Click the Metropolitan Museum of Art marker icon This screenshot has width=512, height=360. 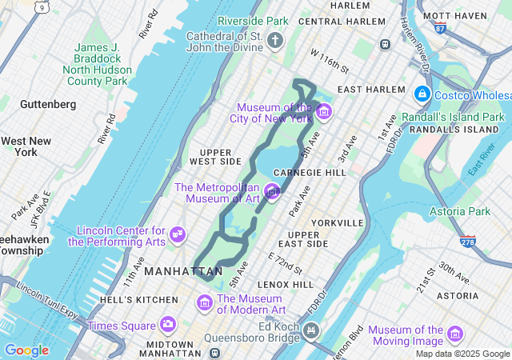pyautogui.click(x=273, y=191)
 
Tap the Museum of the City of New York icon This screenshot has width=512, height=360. pyautogui.click(x=323, y=111)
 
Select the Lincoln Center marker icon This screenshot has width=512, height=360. pyautogui.click(x=178, y=234)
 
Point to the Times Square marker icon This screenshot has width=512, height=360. pyautogui.click(x=168, y=325)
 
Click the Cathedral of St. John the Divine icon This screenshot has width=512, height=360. pyautogui.click(x=276, y=41)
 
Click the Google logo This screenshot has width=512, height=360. pyautogui.click(x=26, y=350)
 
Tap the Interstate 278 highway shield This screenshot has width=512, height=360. pyautogui.click(x=467, y=240)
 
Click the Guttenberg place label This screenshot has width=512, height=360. pyautogui.click(x=48, y=104)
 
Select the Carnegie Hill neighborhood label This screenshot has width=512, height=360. pyautogui.click(x=309, y=172)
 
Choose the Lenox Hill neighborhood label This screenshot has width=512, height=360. pyautogui.click(x=286, y=284)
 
